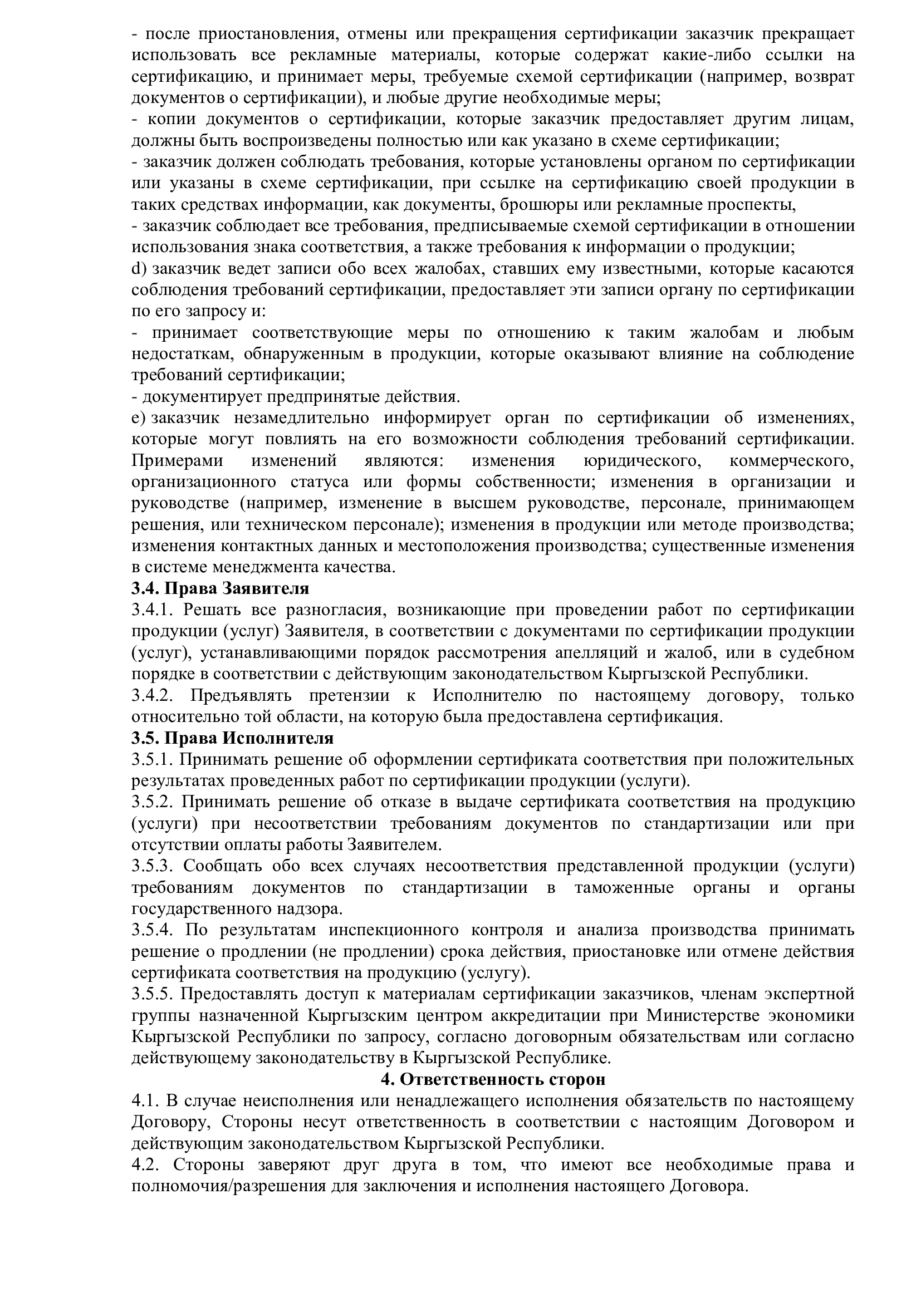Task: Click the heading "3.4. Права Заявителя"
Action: pos(221,588)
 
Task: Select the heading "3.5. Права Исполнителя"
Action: pos(233,738)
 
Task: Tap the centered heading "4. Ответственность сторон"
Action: pos(493,1079)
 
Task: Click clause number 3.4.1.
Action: pos(151,610)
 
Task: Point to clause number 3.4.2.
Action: pos(151,695)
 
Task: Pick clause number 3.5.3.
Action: pos(151,866)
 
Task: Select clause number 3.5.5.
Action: pos(151,994)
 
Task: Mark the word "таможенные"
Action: pos(624,887)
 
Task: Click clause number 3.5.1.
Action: pos(151,759)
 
